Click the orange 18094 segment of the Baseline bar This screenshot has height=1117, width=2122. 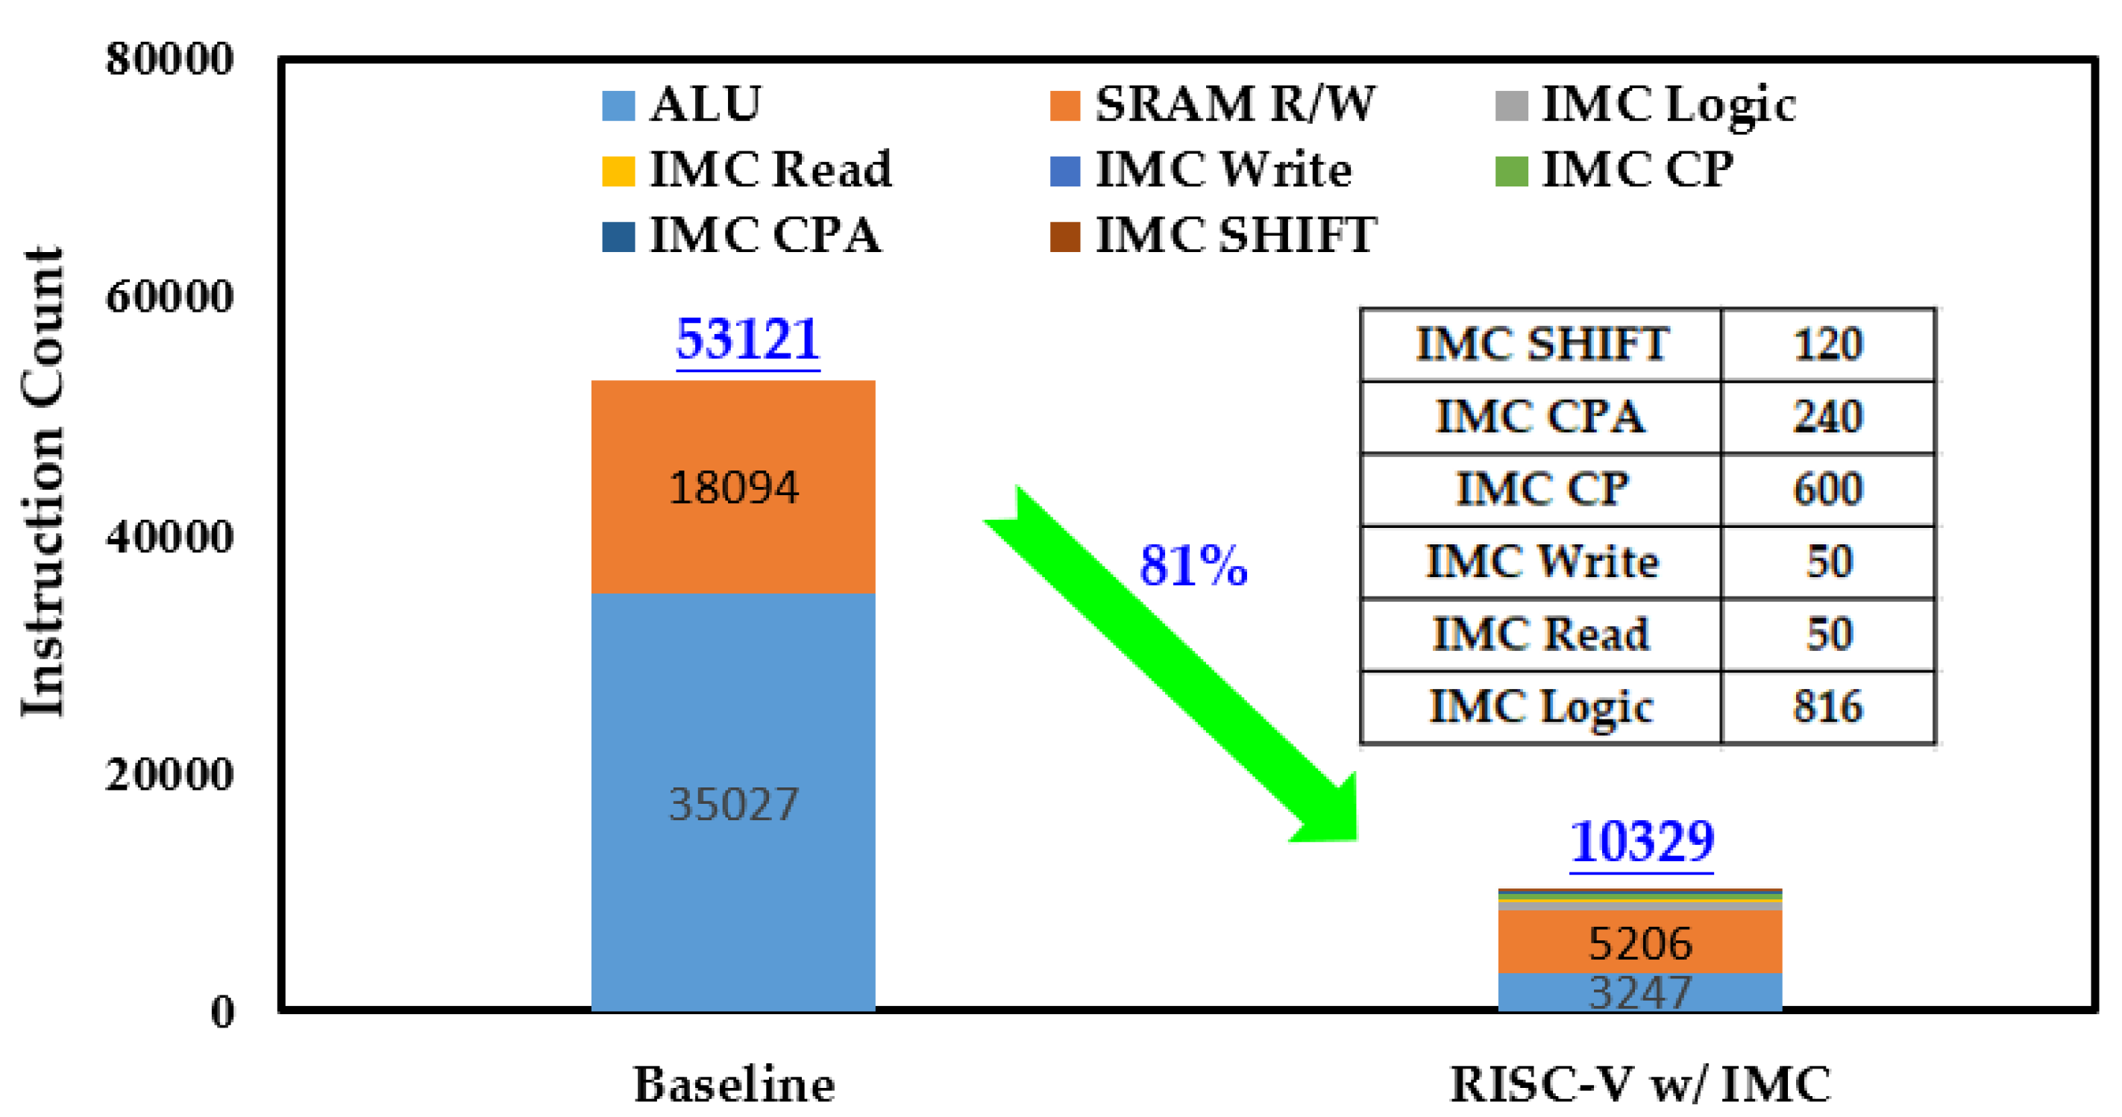coord(733,487)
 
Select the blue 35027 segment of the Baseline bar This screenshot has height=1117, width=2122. coord(733,803)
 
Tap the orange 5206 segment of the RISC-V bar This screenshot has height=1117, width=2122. coord(1639,943)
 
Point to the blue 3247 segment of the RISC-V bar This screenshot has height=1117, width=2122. coord(1639,992)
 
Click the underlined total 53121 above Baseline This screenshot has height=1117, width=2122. coord(747,339)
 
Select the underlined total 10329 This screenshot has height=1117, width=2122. coord(1642,842)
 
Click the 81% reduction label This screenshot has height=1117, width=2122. coord(1193,567)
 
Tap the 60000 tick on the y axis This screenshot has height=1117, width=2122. coord(169,297)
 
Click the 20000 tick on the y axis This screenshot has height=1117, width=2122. coord(169,774)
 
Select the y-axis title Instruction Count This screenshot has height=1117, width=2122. coord(43,482)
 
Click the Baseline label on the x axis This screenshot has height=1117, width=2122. coord(733,1084)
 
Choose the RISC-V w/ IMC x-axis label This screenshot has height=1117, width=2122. coord(1639,1084)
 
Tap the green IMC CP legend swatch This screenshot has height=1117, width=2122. coord(1511,172)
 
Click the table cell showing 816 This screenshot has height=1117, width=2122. coord(1828,707)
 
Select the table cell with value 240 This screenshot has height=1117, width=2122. coord(1828,417)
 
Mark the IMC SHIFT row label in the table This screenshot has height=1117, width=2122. coord(1540,344)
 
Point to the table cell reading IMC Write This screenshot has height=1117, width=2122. coord(1540,561)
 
